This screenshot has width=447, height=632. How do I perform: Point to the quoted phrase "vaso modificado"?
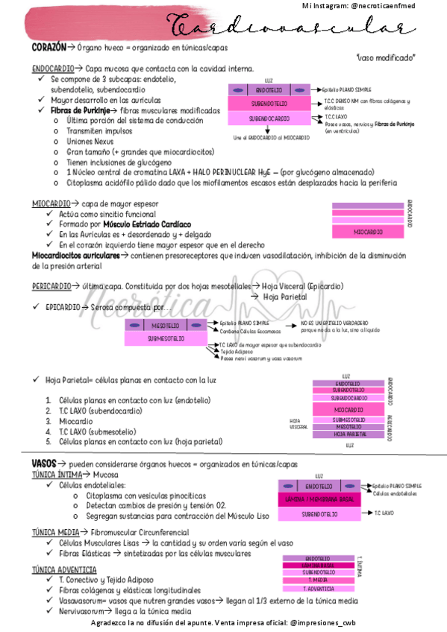[387, 57]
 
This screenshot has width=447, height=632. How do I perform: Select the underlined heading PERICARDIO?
[51, 285]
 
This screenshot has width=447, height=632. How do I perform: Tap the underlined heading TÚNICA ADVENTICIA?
[64, 570]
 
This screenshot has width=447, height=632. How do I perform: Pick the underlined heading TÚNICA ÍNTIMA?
[57, 474]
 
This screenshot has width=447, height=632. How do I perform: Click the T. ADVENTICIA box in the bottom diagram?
[316, 589]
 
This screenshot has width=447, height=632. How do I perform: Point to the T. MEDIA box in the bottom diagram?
[316, 580]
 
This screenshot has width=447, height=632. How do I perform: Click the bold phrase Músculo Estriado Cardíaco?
[147, 224]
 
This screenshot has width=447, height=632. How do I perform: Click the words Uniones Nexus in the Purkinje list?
[90, 141]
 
